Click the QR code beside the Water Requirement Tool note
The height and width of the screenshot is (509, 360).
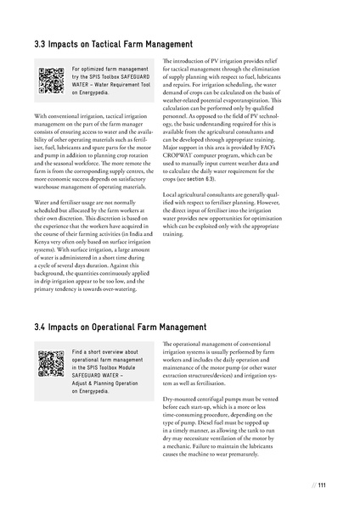click(x=51, y=78)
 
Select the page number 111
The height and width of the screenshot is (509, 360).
click(x=323, y=484)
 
